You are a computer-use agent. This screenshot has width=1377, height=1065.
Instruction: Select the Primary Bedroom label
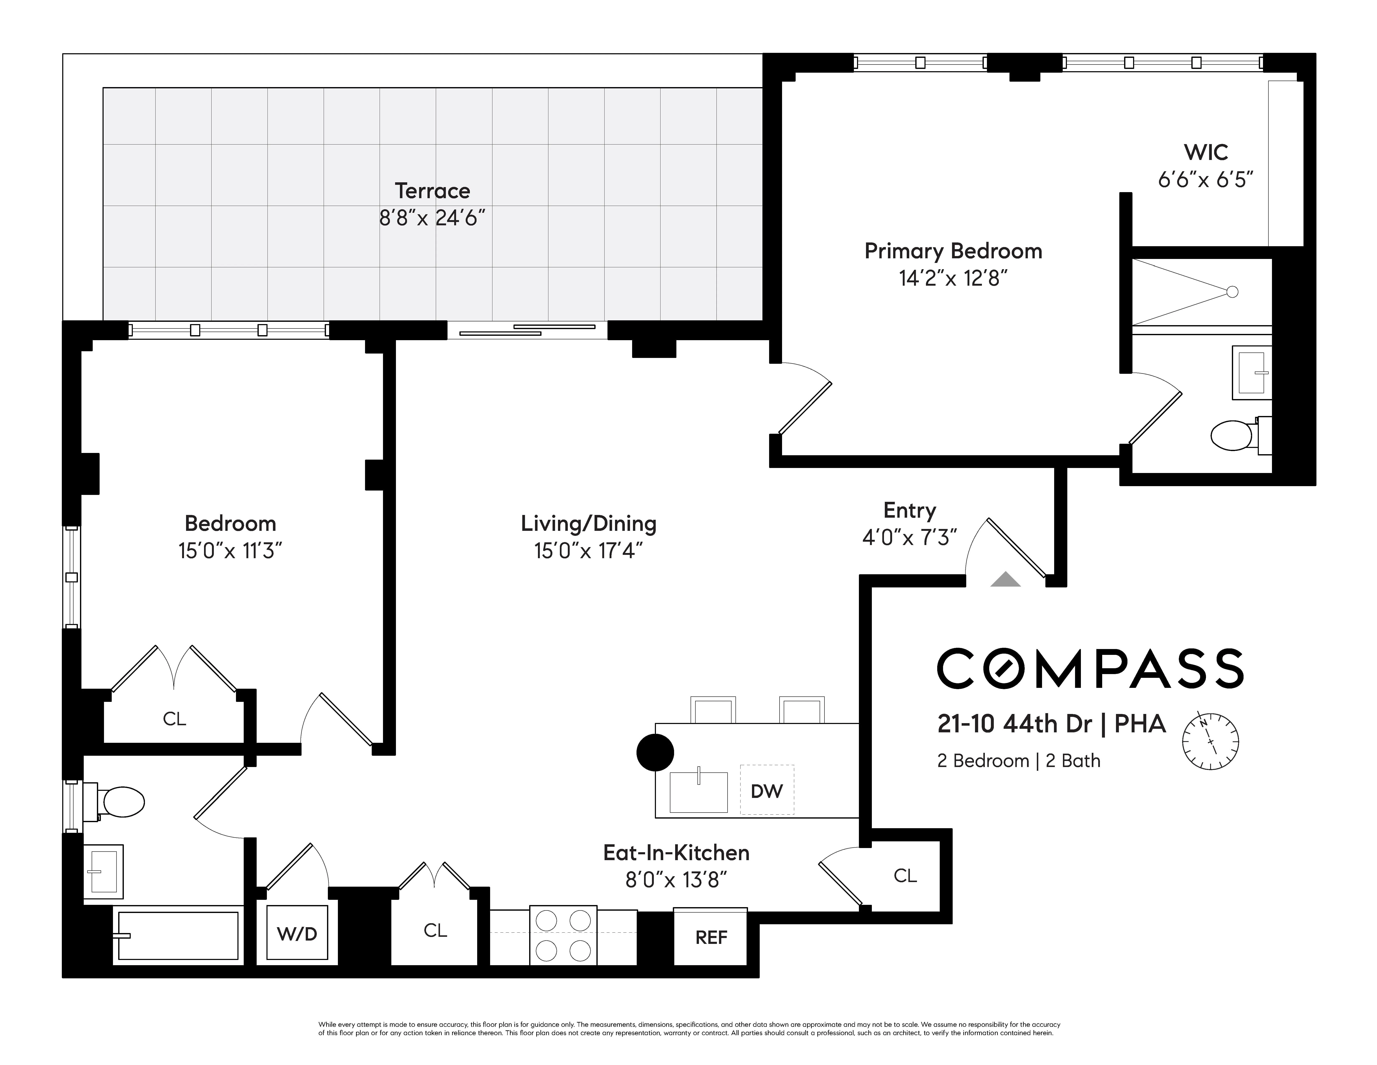953,251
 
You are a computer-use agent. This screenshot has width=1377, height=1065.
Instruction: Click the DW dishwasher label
767,791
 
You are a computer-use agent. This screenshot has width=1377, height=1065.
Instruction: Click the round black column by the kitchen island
655,752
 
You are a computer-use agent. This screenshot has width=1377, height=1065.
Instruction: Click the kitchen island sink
698,792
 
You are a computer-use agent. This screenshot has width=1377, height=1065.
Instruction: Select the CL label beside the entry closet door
905,875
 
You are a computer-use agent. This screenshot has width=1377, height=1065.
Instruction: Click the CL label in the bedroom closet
174,719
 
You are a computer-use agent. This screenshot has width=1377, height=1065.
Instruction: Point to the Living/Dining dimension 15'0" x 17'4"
588,551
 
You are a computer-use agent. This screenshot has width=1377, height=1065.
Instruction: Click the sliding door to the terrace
527,330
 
